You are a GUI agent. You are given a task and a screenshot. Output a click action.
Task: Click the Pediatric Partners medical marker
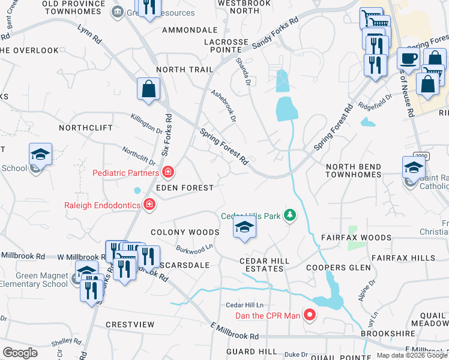coord(169,173)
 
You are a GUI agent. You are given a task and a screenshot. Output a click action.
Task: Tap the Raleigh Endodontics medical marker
coord(149,205)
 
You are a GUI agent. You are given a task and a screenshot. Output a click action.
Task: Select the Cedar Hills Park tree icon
coord(290,215)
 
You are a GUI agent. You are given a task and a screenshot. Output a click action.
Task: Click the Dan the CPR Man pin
coord(310,314)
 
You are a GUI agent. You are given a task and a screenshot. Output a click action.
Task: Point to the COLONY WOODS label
coord(185,232)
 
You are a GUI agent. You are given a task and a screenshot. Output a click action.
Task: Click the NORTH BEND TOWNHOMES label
coord(354,170)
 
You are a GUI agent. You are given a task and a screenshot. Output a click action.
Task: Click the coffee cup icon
coord(408,59)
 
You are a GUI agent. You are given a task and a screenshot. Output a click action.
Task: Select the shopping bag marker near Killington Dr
coord(148,89)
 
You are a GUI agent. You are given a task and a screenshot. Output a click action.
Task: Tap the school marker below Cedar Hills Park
coord(244,228)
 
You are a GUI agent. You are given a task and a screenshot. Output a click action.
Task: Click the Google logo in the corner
coord(20,353)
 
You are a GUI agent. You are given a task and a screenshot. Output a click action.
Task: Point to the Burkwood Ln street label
coord(194,247)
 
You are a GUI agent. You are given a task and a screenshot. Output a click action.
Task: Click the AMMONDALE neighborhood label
coord(190,29)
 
